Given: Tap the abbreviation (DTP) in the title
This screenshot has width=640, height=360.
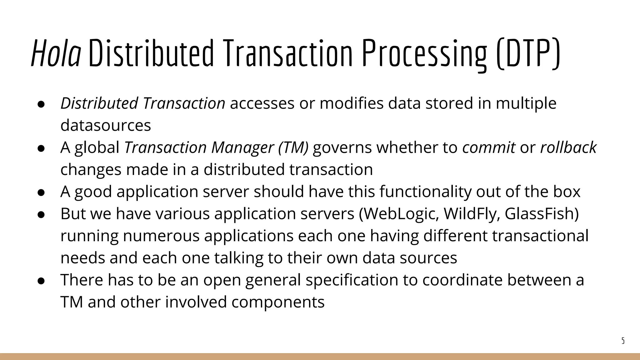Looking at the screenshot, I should (528, 54).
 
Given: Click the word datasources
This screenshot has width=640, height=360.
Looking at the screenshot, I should (106, 125).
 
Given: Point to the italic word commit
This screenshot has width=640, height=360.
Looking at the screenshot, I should (489, 147).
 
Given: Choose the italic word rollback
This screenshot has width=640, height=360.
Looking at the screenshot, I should (568, 147).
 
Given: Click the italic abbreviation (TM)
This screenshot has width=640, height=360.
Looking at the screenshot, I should (293, 147).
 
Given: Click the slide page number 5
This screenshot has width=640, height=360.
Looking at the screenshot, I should (623, 341).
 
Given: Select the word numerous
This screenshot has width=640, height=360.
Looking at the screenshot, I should (161, 236).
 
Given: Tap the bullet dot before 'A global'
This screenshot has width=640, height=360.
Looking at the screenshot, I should (41, 148).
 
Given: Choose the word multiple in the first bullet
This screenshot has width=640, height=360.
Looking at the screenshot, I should (526, 103).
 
